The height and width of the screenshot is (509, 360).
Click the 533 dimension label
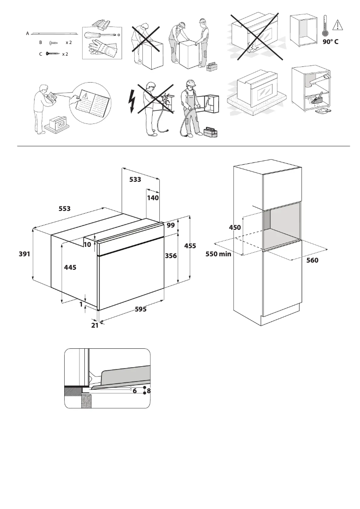[135, 180]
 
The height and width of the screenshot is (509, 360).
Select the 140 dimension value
[153, 197]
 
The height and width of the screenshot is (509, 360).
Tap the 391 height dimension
[24, 254]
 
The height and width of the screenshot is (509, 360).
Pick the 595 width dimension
[140, 309]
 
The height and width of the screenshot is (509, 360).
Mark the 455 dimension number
[190, 246]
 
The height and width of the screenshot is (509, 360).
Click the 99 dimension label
[171, 226]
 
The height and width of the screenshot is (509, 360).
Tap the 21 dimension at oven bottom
[95, 325]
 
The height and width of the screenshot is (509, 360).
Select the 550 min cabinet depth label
[219, 254]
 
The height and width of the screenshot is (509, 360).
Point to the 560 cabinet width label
[312, 260]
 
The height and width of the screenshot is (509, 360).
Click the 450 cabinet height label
[235, 228]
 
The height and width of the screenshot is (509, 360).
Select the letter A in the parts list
[27, 33]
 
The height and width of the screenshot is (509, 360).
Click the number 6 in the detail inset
[134, 391]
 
